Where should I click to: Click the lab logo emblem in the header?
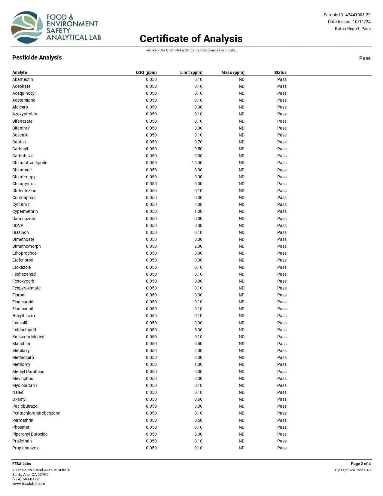click(27, 27)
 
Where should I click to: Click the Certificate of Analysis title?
click(191, 38)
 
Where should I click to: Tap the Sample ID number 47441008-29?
click(358, 15)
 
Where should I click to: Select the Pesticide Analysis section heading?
click(37, 57)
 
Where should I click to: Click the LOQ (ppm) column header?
click(146, 72)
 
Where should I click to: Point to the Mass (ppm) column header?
click(233, 72)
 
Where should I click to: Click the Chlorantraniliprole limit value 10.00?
click(197, 163)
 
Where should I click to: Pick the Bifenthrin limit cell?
click(198, 128)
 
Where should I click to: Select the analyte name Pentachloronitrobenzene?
click(36, 413)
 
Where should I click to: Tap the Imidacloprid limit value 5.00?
click(198, 330)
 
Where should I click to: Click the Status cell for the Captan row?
click(282, 142)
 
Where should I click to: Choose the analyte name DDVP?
click(18, 225)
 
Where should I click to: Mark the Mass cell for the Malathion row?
click(242, 344)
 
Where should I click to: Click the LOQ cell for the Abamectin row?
click(151, 79)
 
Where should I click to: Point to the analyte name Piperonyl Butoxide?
click(30, 434)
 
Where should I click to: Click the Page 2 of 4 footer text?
click(360, 464)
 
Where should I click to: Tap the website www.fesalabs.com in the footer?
click(29, 484)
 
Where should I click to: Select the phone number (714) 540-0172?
click(26, 479)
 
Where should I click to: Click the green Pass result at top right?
click(365, 58)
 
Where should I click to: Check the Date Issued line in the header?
click(349, 22)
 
